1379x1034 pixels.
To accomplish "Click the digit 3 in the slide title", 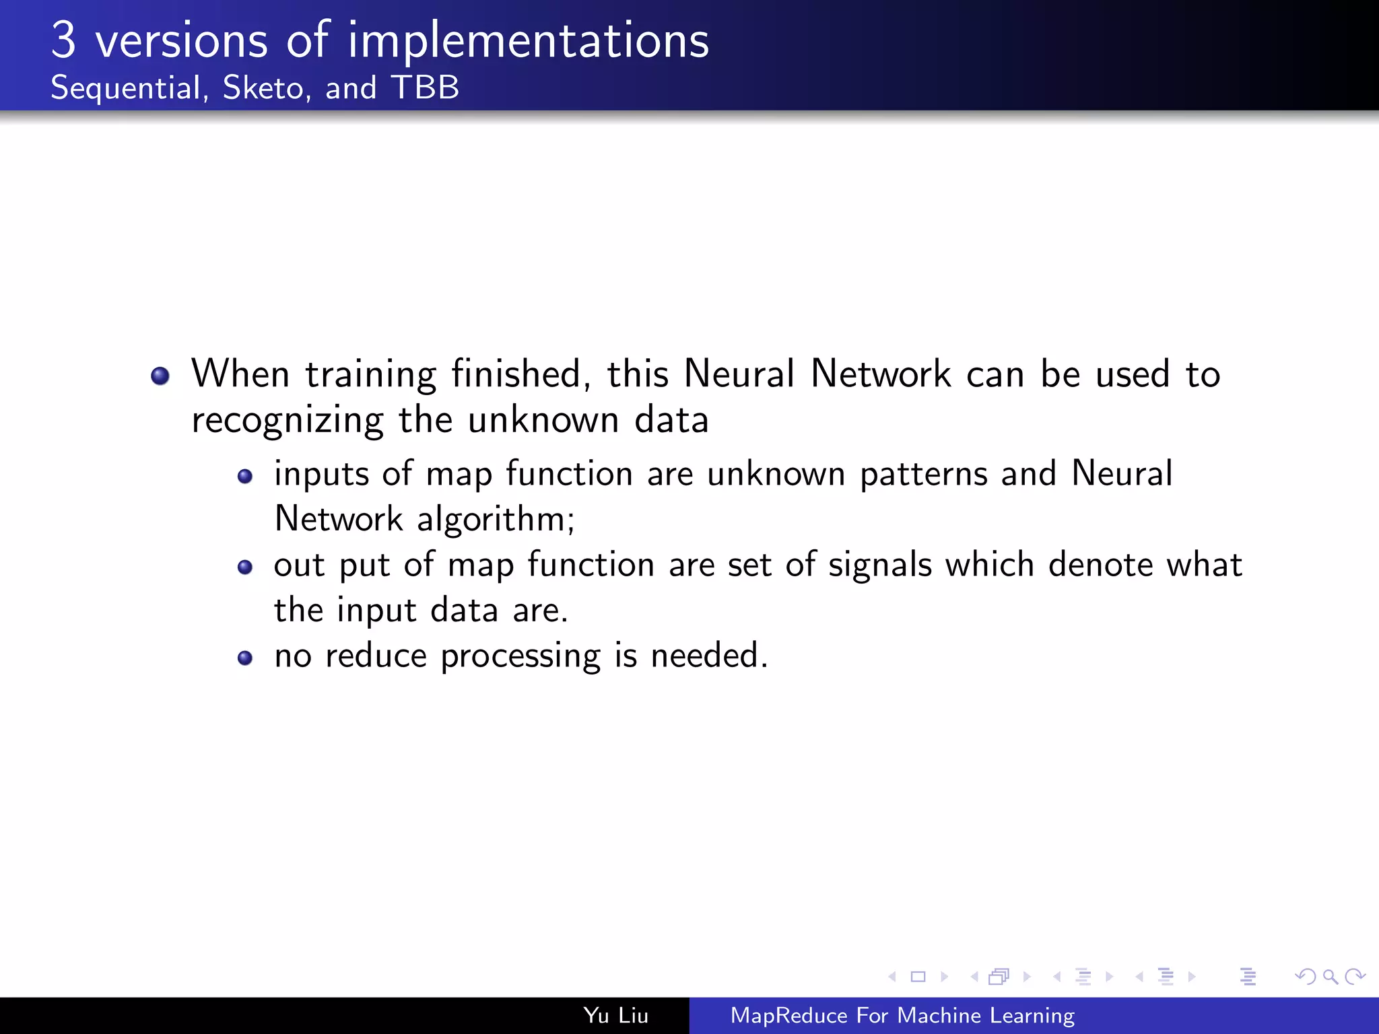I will tap(63, 40).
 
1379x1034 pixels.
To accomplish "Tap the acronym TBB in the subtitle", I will tap(425, 88).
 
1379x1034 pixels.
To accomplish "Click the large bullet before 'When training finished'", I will tap(160, 376).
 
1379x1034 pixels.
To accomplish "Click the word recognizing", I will tap(288, 421).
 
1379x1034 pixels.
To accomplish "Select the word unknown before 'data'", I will tap(543, 420).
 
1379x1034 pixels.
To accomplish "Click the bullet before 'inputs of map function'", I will tap(245, 477).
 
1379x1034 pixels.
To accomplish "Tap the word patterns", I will tap(923, 475).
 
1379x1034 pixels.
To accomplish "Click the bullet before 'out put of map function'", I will tap(245, 567).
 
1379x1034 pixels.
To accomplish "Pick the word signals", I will tap(879, 565).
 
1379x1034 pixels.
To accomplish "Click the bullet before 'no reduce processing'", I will tap(245, 658).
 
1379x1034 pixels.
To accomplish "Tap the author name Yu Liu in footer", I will tap(615, 1015).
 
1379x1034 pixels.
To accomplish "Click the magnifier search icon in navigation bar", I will tap(1330, 976).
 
